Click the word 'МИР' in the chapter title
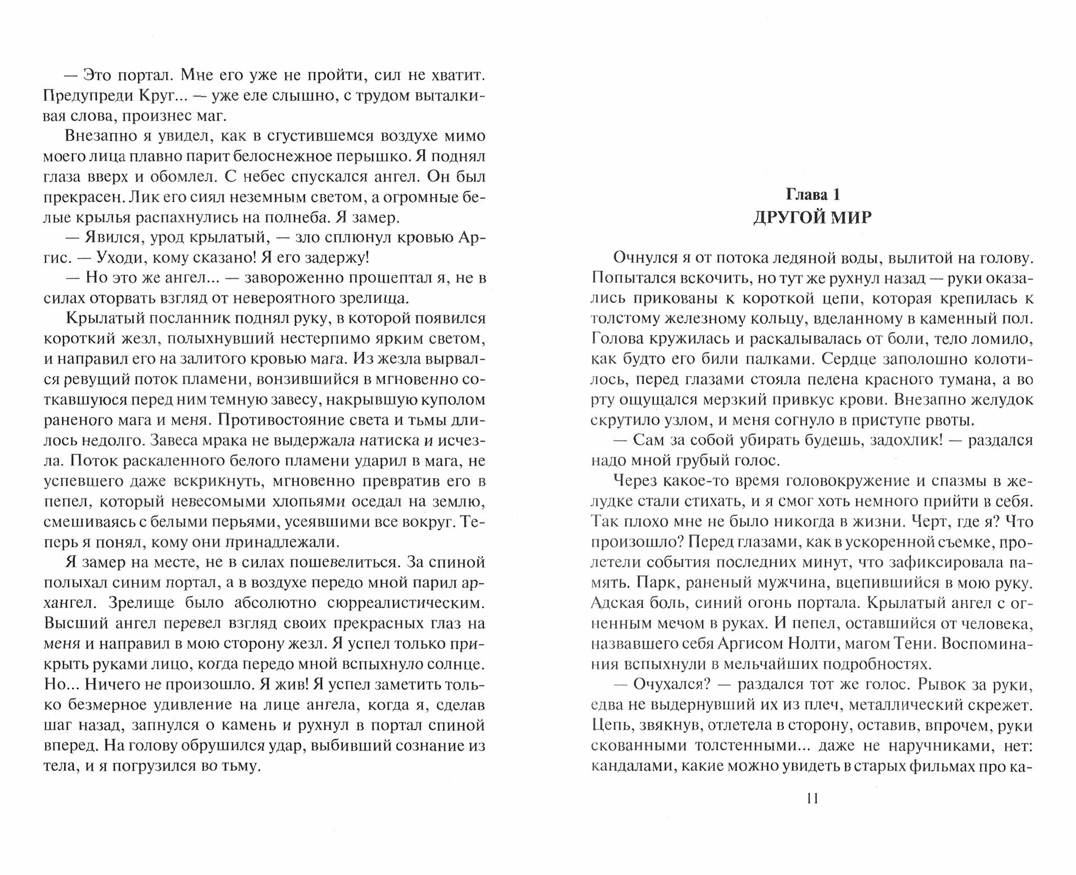[844, 218]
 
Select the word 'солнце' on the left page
[455, 664]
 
